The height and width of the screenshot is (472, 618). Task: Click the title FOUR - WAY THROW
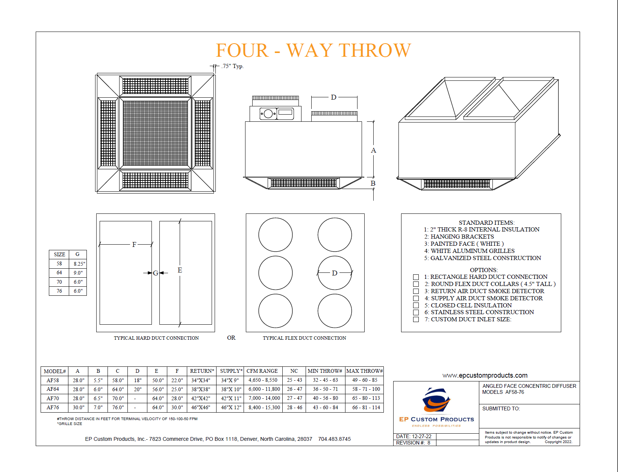(313, 50)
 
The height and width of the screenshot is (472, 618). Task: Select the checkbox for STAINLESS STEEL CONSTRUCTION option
(416, 312)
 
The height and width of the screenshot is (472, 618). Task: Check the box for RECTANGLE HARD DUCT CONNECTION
(416, 277)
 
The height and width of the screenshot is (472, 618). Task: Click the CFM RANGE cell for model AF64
(264, 389)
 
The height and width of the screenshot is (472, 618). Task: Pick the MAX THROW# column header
(364, 371)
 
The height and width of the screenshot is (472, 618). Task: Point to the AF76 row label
(53, 407)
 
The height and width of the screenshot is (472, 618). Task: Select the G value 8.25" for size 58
(79, 264)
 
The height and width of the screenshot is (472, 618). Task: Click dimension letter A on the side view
(373, 150)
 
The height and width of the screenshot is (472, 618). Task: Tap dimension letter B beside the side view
(373, 183)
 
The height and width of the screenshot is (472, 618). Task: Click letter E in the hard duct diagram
(180, 270)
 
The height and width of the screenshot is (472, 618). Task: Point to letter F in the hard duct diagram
(134, 245)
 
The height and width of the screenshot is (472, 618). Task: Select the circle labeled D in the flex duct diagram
(335, 273)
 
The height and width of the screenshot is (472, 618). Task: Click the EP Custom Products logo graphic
(436, 401)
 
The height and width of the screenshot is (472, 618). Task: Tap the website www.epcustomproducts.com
(485, 375)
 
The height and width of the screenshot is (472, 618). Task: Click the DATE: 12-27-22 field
(414, 436)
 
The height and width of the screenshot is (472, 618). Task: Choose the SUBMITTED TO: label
(501, 408)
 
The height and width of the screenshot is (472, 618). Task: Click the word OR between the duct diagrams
(231, 338)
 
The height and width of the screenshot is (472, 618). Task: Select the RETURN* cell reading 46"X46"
(201, 407)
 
